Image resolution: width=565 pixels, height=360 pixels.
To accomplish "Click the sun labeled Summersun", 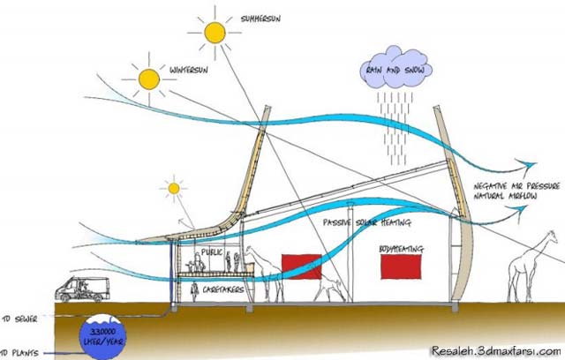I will coord(214,34).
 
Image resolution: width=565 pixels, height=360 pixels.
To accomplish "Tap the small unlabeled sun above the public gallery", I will coord(174,188).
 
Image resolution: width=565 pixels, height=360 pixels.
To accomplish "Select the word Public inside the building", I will coord(212,252).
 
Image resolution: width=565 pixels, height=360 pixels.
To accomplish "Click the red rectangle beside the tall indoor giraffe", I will coord(301,266).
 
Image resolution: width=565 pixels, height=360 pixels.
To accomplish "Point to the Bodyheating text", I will coord(401,238).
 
